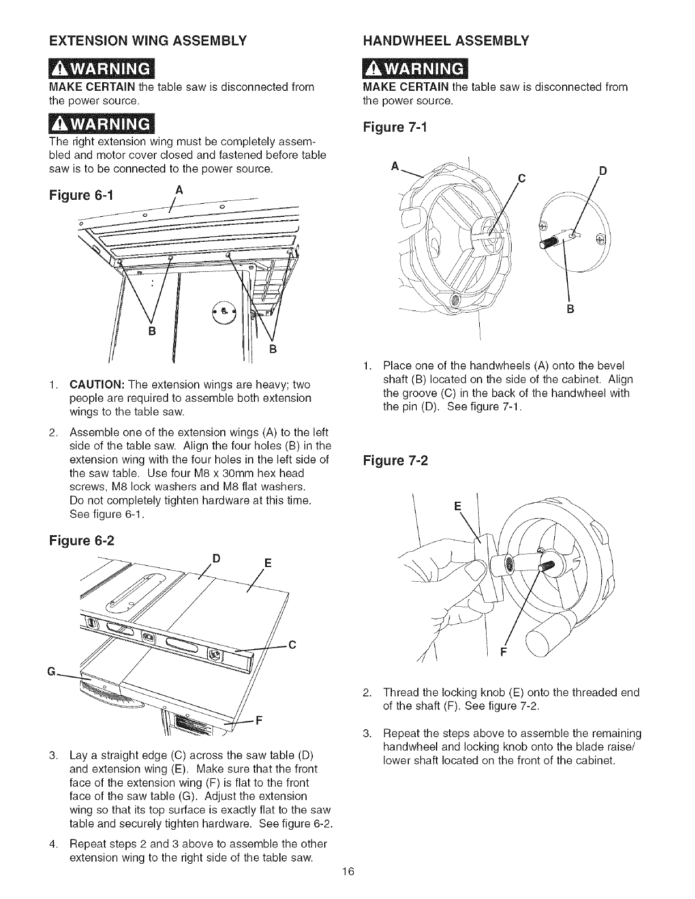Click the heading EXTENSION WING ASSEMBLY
[148, 41]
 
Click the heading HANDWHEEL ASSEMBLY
[446, 40]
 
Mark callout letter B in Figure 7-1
[571, 309]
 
